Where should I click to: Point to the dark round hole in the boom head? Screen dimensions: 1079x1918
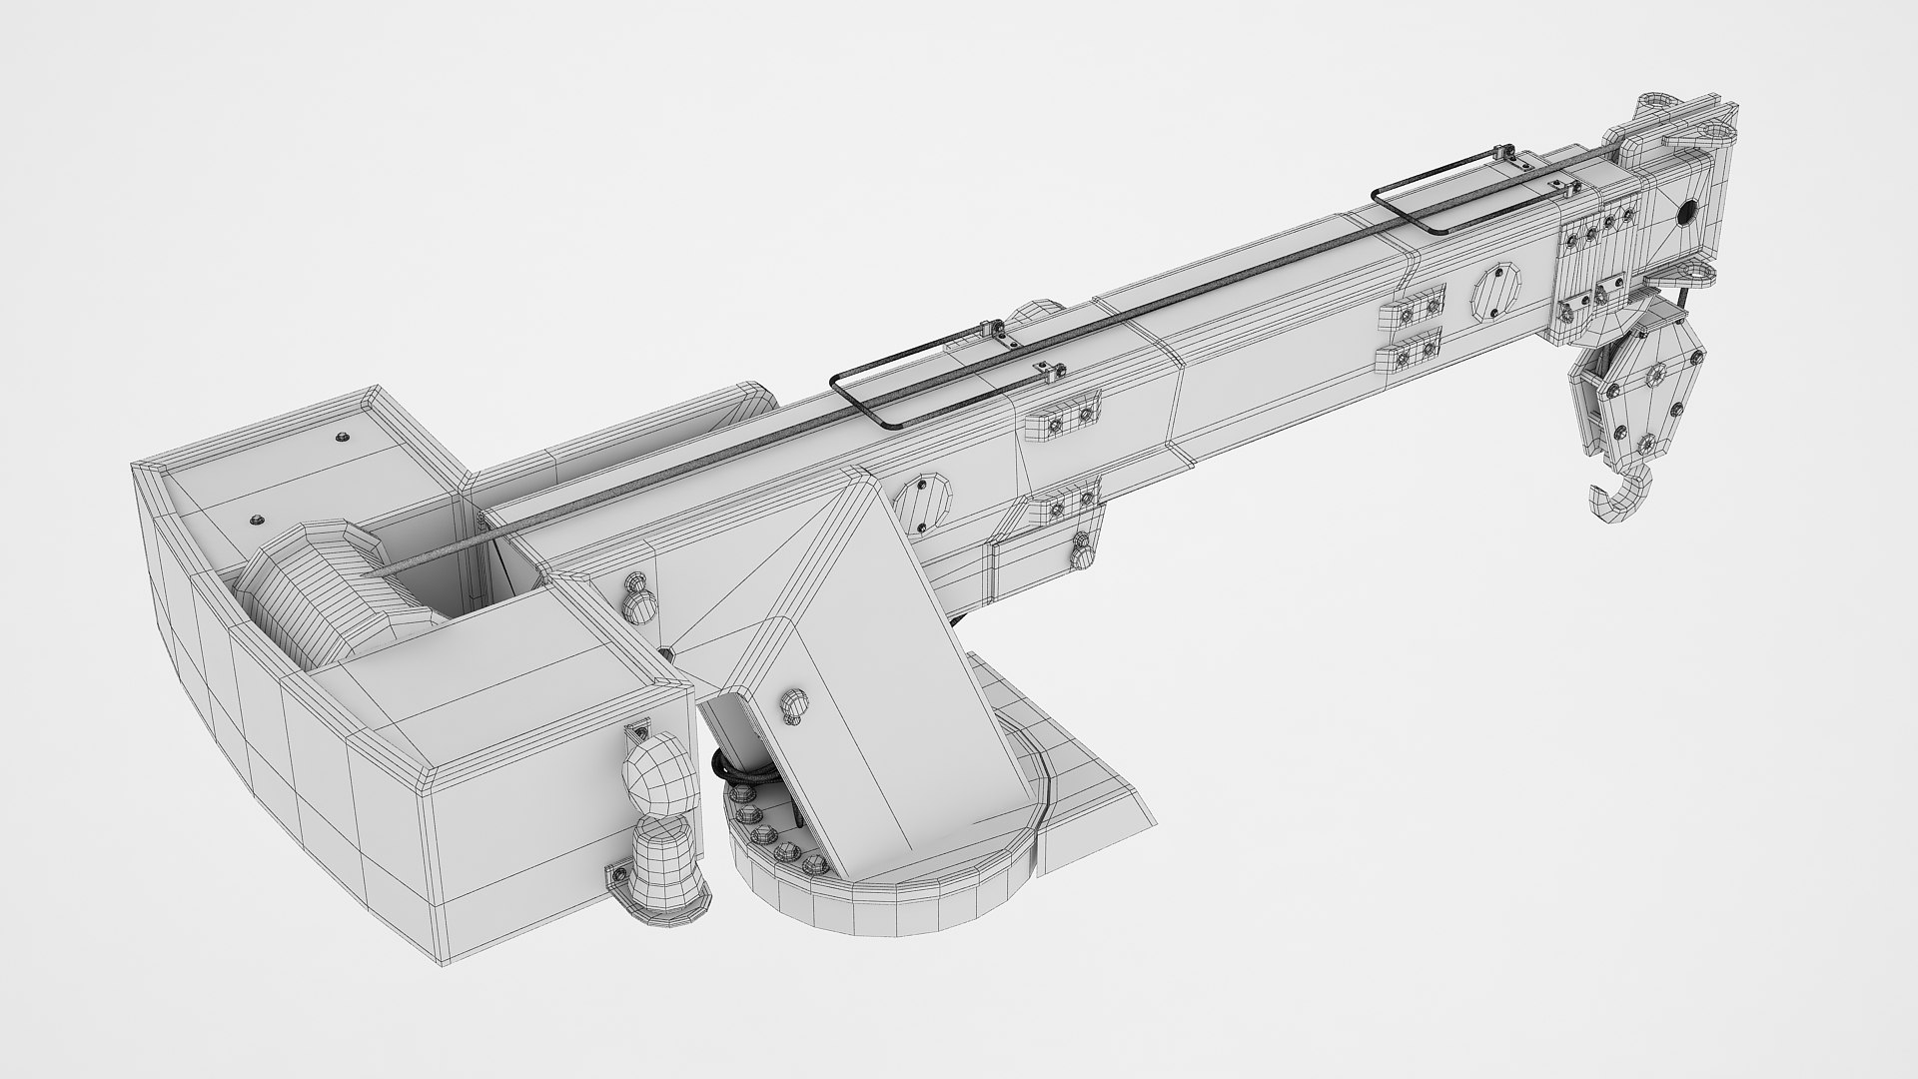(1688, 212)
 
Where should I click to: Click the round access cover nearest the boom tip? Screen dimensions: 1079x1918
(1495, 292)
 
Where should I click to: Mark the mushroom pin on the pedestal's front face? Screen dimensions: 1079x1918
(793, 703)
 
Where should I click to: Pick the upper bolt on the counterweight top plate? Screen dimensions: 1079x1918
(343, 436)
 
